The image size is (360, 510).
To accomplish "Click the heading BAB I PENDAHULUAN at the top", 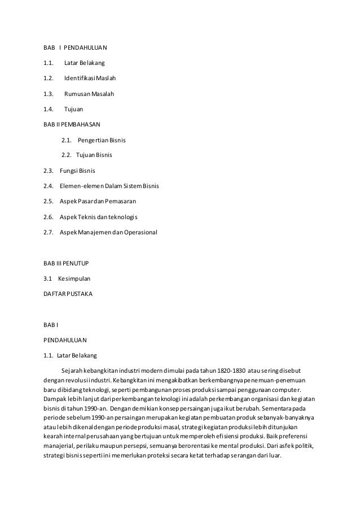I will pyautogui.click(x=75, y=47).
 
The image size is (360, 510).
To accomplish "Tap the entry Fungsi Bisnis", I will pyautogui.click(x=77, y=170).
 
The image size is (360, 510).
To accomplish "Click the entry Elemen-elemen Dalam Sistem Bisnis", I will pyautogui.click(x=109, y=185).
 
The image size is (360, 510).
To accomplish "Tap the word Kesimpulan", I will pyautogui.click(x=74, y=278).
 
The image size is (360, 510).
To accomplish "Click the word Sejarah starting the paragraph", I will pyautogui.click(x=73, y=370).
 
